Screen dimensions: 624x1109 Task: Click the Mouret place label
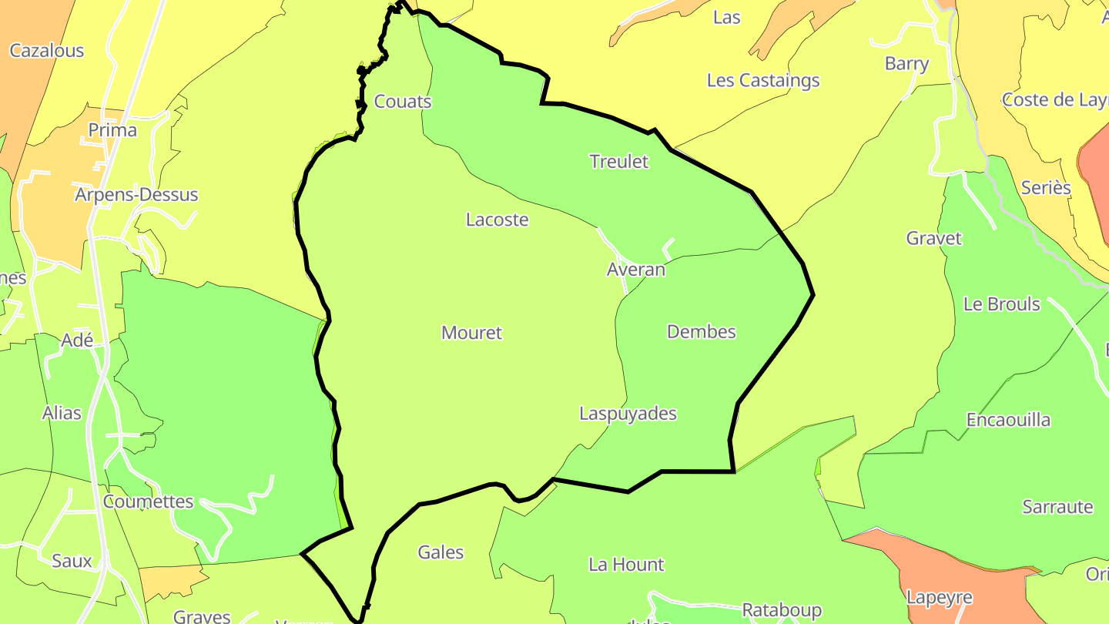pos(471,333)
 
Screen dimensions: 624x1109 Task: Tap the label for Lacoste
pos(498,220)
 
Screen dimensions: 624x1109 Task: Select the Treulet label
pos(619,162)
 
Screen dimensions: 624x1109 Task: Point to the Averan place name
pos(636,270)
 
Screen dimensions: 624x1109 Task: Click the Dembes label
pos(702,332)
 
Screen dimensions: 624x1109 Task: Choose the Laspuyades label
pos(628,414)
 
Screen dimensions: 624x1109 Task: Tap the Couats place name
pos(403,102)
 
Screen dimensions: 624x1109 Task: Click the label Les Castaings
pos(763,80)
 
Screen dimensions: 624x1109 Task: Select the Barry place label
pos(906,63)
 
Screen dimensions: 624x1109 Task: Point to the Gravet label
pos(934,238)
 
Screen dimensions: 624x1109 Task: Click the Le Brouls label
pos(1002,304)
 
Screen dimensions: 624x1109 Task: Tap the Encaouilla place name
pos(1009,420)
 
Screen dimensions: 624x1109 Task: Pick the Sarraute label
pos(1058,507)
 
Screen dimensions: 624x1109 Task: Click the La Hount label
pos(626,565)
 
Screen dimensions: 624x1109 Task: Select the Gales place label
pos(441,552)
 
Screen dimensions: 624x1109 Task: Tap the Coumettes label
pos(148,502)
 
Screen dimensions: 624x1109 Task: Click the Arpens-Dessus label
pos(136,195)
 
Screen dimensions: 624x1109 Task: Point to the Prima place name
pos(112,130)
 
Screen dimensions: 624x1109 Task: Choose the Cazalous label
pos(47,51)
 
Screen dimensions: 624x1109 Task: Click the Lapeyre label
pos(940,598)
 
